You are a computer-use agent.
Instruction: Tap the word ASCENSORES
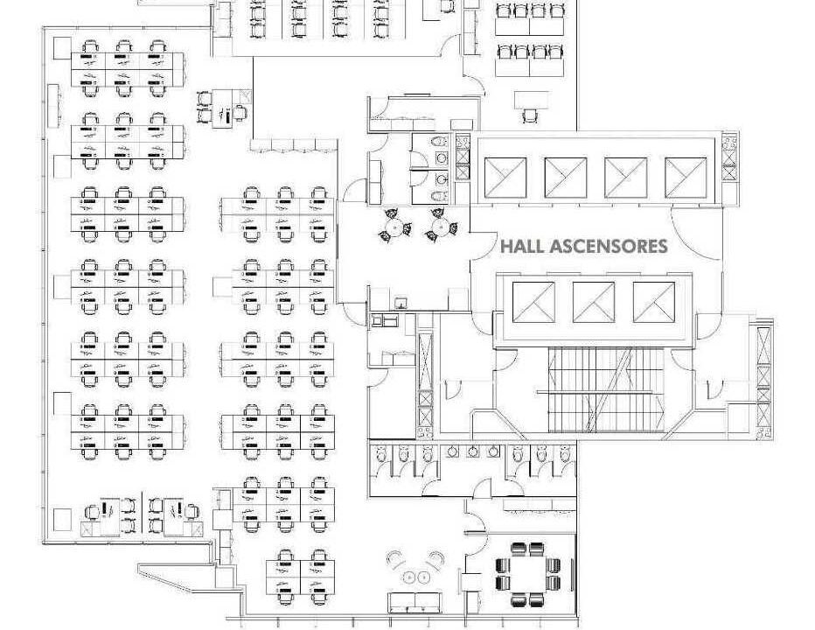tap(608, 246)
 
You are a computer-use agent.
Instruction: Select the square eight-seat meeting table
tap(527, 574)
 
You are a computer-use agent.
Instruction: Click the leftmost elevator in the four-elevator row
tap(505, 178)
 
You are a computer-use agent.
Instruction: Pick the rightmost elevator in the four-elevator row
tap(686, 178)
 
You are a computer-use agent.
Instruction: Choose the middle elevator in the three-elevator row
tap(594, 302)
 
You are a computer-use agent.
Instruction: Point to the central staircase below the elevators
tap(607, 390)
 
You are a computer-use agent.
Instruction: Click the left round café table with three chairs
tap(394, 226)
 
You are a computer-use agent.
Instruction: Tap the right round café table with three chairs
tap(442, 225)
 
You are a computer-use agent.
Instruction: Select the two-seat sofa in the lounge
tap(415, 602)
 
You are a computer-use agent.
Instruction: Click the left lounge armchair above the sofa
tap(396, 560)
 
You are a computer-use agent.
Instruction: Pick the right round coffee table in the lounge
tap(423, 577)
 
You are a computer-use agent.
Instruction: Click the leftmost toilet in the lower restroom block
tap(380, 454)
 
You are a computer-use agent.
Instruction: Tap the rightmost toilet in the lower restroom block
tap(565, 454)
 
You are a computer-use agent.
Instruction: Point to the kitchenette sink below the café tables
tap(401, 302)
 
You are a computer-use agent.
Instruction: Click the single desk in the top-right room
tap(531, 101)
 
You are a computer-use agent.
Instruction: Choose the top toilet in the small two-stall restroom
tap(441, 142)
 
